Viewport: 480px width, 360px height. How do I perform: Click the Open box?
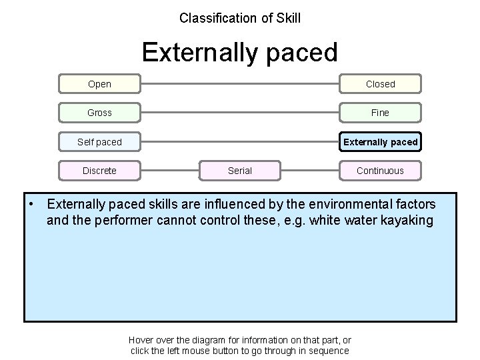99,84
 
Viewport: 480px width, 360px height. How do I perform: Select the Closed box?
380,84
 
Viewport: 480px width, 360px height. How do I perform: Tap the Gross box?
99,113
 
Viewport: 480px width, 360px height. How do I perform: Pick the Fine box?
380,113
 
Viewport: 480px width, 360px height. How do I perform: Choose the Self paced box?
99,142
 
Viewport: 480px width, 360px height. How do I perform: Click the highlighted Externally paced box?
380,142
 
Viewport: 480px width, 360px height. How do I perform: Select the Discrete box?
99,171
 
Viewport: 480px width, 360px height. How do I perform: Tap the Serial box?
240,171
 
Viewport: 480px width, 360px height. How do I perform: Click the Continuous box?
380,171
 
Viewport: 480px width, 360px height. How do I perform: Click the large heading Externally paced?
240,52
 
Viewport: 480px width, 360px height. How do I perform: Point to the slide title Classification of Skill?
240,18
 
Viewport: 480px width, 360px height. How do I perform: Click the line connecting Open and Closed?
240,84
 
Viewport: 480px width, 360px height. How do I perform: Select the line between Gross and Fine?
240,113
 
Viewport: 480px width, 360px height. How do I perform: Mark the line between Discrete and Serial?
170,171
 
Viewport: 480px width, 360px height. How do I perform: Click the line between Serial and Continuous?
309,171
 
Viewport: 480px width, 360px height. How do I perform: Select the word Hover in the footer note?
141,339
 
